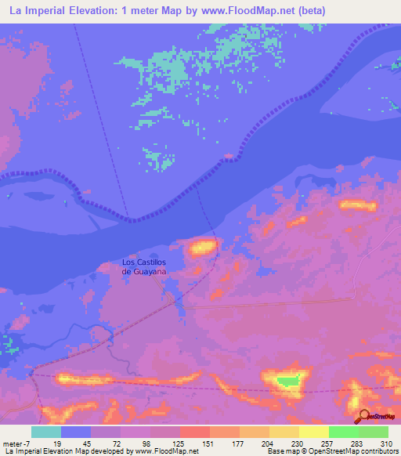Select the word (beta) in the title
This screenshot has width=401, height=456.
[307, 11]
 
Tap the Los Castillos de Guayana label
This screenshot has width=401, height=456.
[144, 266]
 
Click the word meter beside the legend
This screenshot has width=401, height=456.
[13, 443]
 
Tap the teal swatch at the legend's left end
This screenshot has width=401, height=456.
[46, 432]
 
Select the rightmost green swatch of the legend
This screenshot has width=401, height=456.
[374, 432]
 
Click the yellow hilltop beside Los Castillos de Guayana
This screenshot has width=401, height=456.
[202, 248]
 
